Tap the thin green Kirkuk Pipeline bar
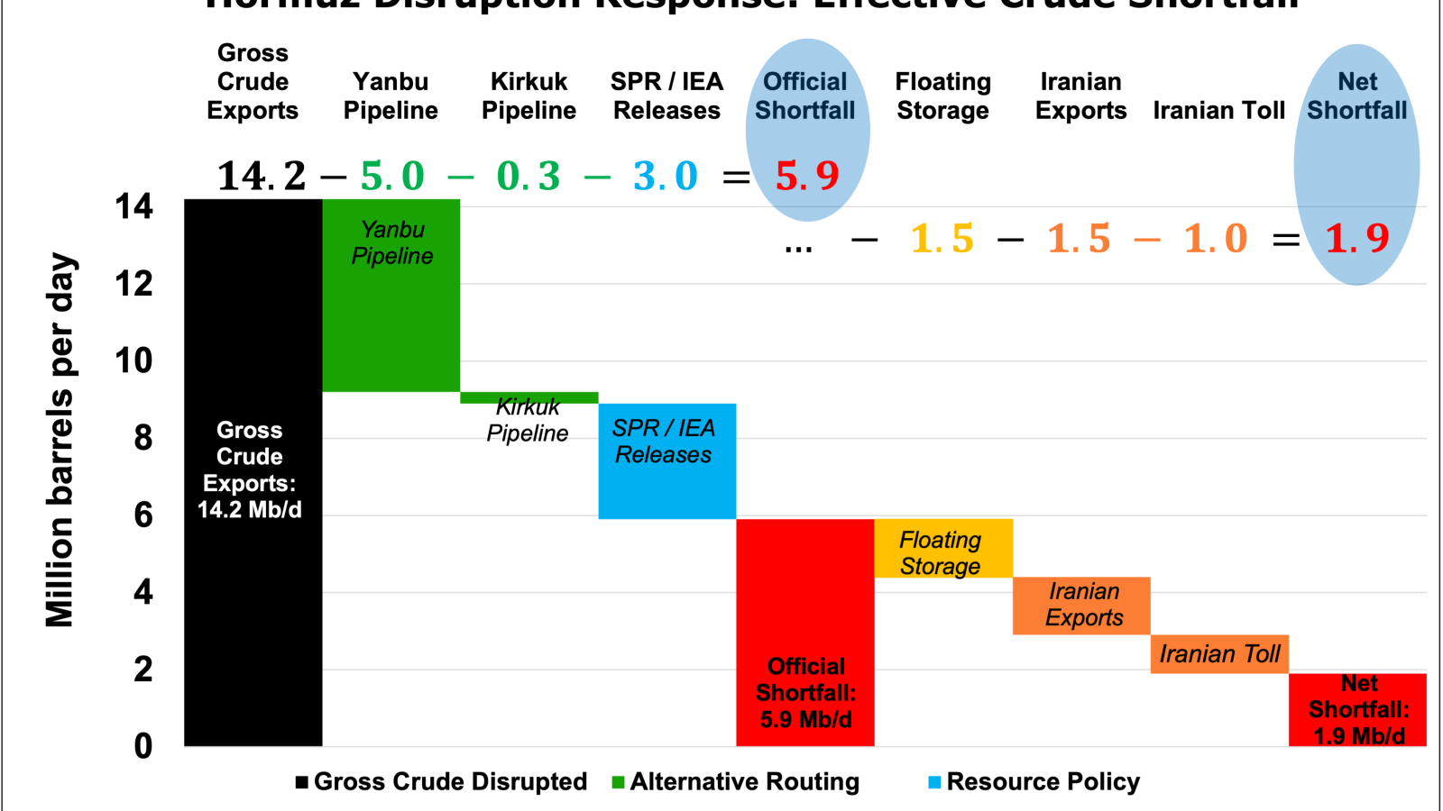[x=529, y=397]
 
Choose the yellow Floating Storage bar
[x=943, y=548]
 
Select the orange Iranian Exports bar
[x=1081, y=606]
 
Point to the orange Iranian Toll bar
[x=1219, y=654]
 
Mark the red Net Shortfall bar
[x=1357, y=709]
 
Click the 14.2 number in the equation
[x=262, y=176]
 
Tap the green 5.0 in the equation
[x=392, y=176]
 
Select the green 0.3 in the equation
[x=528, y=176]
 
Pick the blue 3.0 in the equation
[x=666, y=176]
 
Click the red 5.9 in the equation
[x=807, y=176]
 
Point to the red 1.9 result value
[x=1357, y=239]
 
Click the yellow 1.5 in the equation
[x=942, y=239]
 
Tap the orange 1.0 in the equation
[x=1216, y=239]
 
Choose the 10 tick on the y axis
[x=133, y=361]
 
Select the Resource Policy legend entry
[x=1034, y=781]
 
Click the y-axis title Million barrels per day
[x=60, y=440]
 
